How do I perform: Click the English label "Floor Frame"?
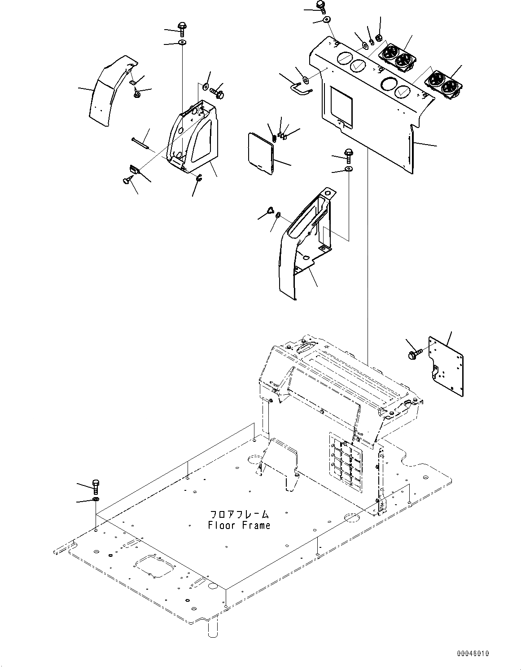click(x=239, y=525)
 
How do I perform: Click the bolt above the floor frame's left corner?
click(x=96, y=485)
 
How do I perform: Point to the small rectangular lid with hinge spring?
click(x=260, y=152)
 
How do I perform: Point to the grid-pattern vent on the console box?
click(x=347, y=461)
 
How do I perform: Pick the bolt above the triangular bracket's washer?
click(x=183, y=29)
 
